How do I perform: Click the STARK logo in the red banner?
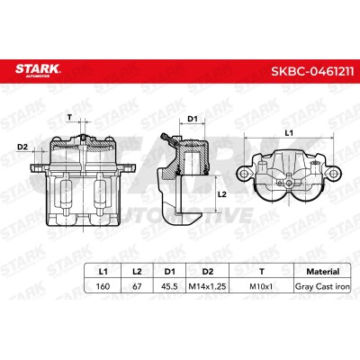click(38, 70)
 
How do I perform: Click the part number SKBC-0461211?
click(312, 72)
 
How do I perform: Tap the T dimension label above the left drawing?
click(70, 117)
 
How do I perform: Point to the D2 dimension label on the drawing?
click(22, 147)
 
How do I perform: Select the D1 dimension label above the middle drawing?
click(193, 119)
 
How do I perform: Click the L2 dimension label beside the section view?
click(221, 194)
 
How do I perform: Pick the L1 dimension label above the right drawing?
click(289, 133)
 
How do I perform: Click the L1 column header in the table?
click(103, 272)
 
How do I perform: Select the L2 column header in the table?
click(137, 272)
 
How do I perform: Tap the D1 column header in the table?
click(169, 272)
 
